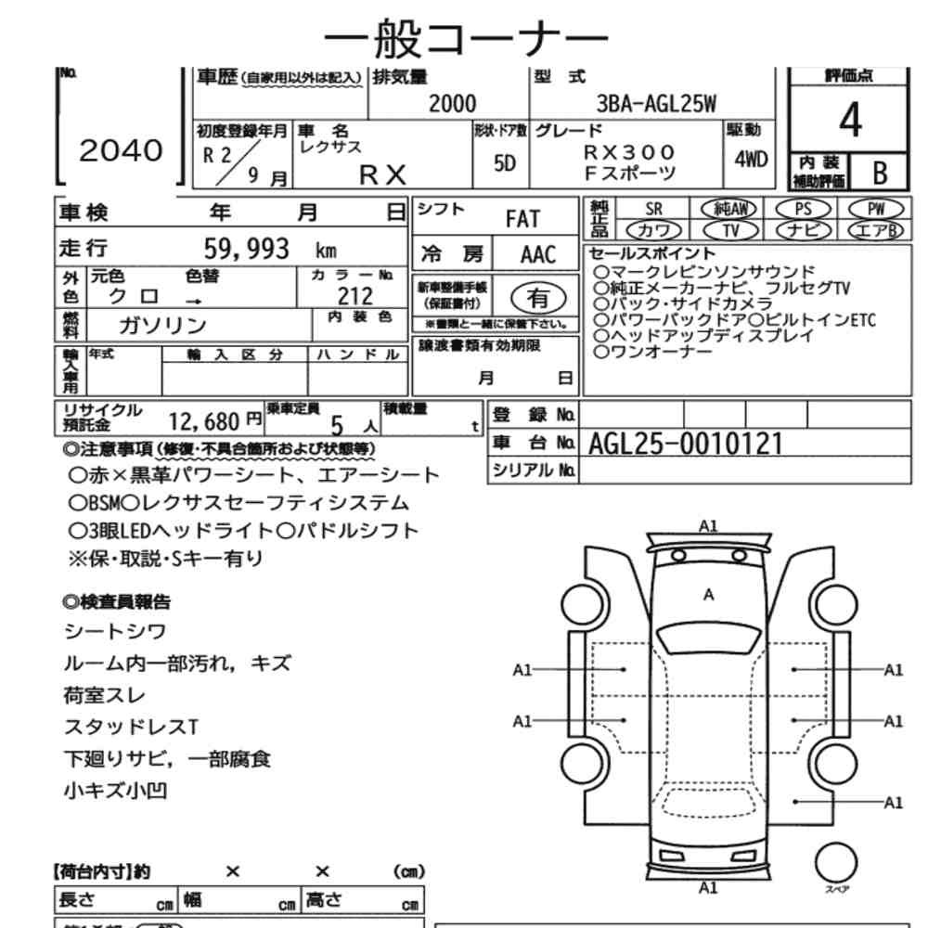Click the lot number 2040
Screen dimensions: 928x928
click(x=121, y=150)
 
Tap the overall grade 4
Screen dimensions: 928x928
click(x=850, y=120)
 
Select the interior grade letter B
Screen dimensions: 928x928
click(x=880, y=173)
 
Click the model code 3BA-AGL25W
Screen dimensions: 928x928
click(x=656, y=104)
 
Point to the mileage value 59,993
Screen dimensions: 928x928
click(x=246, y=249)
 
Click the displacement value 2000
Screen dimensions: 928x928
click(x=452, y=104)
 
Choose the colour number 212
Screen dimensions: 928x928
click(x=355, y=296)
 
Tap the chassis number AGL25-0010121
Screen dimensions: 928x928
click(x=686, y=444)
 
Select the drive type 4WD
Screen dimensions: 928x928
click(x=751, y=160)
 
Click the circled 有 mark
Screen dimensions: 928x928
click(x=538, y=298)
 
